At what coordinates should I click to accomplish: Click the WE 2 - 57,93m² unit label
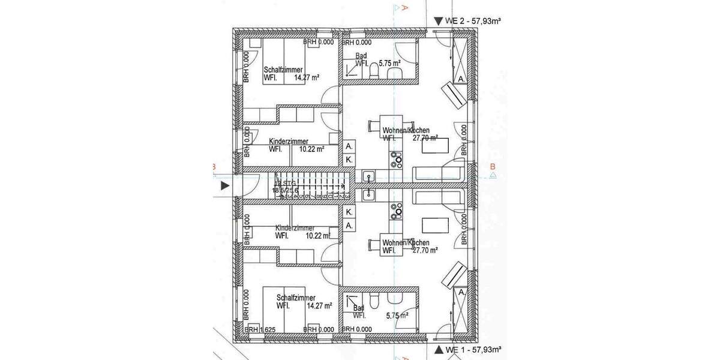coord(473,20)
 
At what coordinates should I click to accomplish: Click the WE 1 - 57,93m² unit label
coord(473,349)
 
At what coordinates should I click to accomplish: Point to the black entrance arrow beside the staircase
coord(225,186)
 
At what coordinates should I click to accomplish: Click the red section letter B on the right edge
coord(493,167)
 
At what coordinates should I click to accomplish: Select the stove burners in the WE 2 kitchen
coord(396,160)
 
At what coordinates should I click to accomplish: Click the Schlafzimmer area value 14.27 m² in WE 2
coord(306,77)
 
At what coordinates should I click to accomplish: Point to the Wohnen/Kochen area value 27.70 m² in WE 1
coord(425,250)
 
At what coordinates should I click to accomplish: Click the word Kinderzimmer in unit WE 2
coord(289,142)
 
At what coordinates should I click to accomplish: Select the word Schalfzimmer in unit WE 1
coord(296,298)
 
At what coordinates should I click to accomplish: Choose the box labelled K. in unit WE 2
coord(349,160)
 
